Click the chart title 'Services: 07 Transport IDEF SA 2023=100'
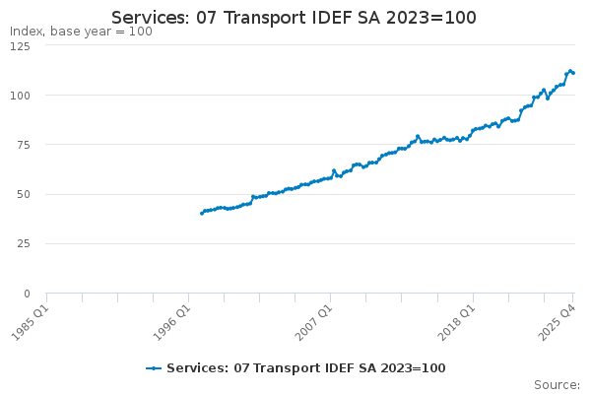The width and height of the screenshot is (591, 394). (295, 18)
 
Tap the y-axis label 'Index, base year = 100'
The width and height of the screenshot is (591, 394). (81, 32)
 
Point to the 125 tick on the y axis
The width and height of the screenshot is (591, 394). (21, 45)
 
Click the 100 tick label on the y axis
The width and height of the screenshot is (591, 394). (21, 96)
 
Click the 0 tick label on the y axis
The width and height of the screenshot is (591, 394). (28, 294)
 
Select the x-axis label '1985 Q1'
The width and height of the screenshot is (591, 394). (30, 319)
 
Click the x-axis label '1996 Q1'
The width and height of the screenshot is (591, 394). (172, 319)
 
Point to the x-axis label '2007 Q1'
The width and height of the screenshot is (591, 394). (314, 319)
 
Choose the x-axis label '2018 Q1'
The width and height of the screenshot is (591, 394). (457, 319)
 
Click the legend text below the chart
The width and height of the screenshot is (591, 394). (306, 368)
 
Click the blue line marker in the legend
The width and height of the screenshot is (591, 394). (154, 368)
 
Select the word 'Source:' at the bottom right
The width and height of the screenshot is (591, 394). (557, 385)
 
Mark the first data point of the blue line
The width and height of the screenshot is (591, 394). (202, 213)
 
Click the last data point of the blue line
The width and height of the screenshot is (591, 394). (573, 73)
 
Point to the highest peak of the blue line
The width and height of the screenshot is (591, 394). (570, 71)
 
